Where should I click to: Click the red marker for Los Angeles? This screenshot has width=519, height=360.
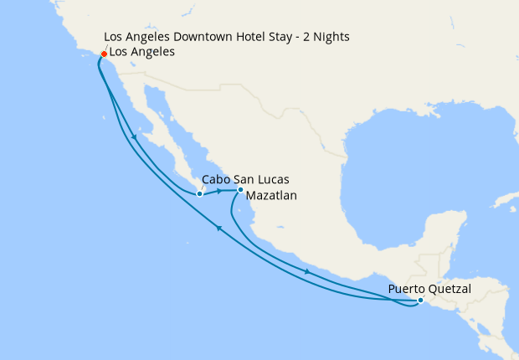coord(104,54)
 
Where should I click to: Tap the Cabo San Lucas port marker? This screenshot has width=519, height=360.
coord(199,194)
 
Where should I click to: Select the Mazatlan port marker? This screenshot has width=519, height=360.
coord(240,189)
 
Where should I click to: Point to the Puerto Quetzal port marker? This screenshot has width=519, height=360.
coord(420,301)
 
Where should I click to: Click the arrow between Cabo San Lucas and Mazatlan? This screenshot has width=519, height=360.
coord(219,191)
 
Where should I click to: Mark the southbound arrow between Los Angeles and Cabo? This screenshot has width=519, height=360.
coord(133,137)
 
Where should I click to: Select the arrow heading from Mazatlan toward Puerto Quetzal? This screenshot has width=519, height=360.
coord(308,270)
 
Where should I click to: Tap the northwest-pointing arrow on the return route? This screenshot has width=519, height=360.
coord(219,228)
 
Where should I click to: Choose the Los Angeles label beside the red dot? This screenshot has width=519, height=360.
coord(142,52)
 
